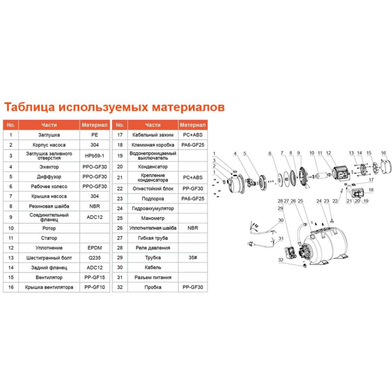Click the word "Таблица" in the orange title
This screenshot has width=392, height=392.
pyautogui.click(x=29, y=107)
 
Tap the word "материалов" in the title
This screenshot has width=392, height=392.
pyautogui.click(x=188, y=107)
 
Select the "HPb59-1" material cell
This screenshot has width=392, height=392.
pyautogui.click(x=94, y=156)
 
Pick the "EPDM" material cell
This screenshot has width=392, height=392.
pyautogui.click(x=94, y=248)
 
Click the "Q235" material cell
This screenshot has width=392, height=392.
pyautogui.click(x=94, y=258)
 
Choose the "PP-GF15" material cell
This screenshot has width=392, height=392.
pyautogui.click(x=94, y=277)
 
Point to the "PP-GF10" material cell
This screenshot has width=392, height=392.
pyautogui.click(x=94, y=287)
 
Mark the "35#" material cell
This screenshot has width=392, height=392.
pyautogui.click(x=193, y=258)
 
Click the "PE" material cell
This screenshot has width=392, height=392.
pyautogui.click(x=94, y=135)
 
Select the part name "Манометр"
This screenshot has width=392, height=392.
pyautogui.click(x=153, y=218)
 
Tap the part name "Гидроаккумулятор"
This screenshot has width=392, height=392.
pyautogui.click(x=153, y=209)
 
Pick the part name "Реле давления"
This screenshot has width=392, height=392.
pyautogui.click(x=153, y=248)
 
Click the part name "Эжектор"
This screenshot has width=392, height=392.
pyautogui.click(x=49, y=167)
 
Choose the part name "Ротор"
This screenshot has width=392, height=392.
pyautogui.click(x=49, y=228)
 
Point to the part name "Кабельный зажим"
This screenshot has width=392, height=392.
pyautogui.click(x=153, y=135)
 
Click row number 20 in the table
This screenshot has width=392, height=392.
pyautogui.click(x=120, y=167)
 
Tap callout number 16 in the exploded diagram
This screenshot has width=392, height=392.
pyautogui.click(x=383, y=153)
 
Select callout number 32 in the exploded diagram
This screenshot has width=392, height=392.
pyautogui.click(x=281, y=260)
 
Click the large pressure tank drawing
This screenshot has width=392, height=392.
pyautogui.click(x=325, y=246)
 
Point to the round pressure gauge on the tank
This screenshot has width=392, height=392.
pyautogui.click(x=312, y=236)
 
